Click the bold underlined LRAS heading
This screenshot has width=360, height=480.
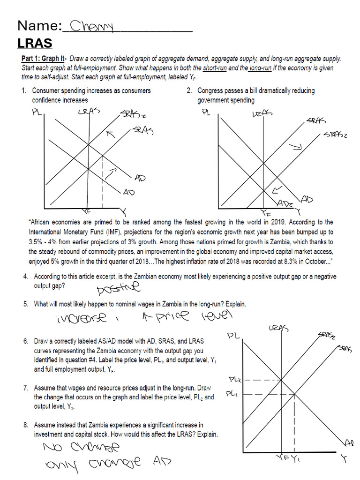point(35,44)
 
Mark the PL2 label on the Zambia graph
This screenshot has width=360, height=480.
point(234,379)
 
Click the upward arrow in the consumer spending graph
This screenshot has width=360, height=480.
point(111,135)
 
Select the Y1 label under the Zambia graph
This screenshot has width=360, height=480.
point(296,459)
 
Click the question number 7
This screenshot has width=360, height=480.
point(26,388)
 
